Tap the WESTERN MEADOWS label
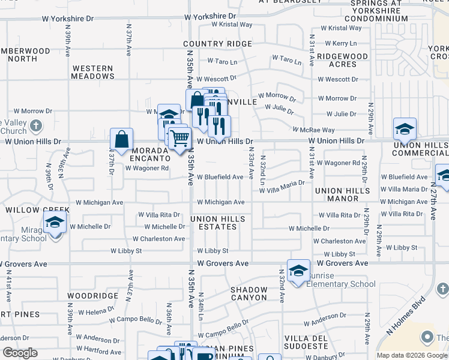(x=92, y=72)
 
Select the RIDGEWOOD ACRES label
(x=343, y=60)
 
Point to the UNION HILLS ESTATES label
(x=217, y=223)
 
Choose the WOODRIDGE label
(x=92, y=296)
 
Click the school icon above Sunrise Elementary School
(x=298, y=270)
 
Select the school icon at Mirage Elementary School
(x=55, y=223)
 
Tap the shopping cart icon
(x=179, y=139)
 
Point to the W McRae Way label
(x=313, y=130)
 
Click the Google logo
(x=20, y=353)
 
